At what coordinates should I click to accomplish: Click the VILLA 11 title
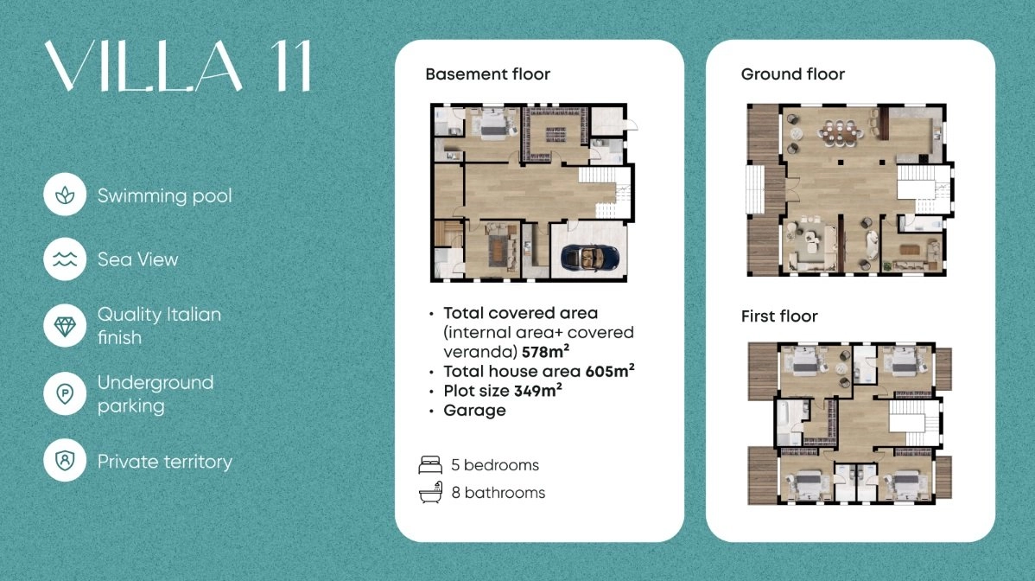coord(178,66)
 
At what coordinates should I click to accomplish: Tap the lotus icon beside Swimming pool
coord(65,195)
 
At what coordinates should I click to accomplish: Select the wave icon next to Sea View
coord(65,259)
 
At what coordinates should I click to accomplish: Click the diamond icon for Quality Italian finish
coord(65,325)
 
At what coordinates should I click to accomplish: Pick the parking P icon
coord(65,393)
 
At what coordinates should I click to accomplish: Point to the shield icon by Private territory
coord(65,460)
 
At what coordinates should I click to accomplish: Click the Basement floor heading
coord(488,74)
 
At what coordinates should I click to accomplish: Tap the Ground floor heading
coord(793,74)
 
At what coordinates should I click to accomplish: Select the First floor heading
coord(779,316)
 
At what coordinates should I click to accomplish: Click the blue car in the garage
coord(589,257)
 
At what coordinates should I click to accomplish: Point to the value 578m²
coord(545,351)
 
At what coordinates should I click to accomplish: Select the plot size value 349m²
coord(538,390)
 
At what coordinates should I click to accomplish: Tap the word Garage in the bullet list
coord(474,410)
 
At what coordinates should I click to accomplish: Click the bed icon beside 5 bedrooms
coord(430,465)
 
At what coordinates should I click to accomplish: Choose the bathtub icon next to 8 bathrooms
coord(430,493)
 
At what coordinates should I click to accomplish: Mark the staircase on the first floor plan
coord(914,421)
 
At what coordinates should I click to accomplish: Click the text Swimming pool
coord(164,196)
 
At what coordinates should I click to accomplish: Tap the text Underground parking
coord(156,393)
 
